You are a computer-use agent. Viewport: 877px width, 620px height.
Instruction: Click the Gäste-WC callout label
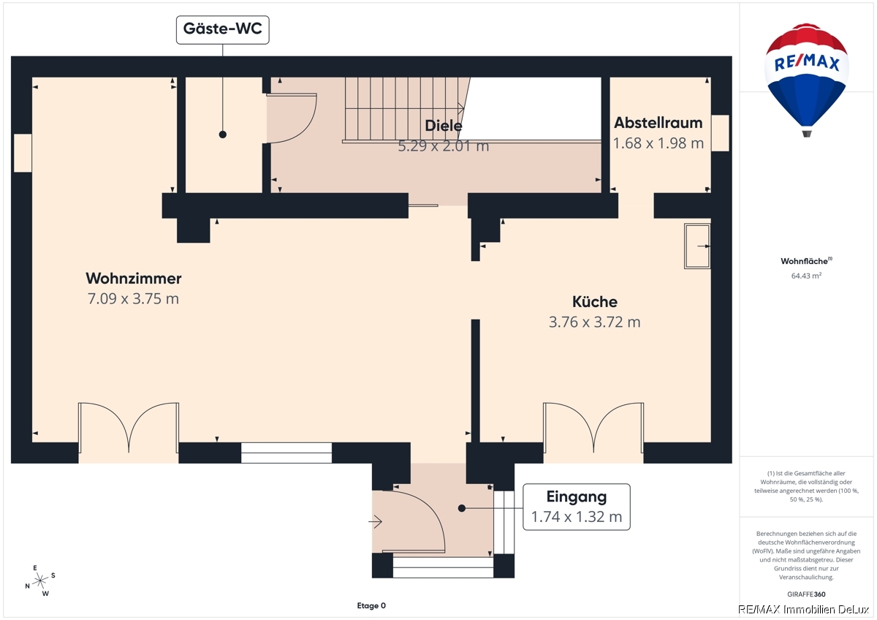(x=222, y=30)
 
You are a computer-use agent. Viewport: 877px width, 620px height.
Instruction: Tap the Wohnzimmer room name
(x=134, y=279)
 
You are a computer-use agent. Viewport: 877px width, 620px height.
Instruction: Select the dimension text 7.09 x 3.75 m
(x=133, y=299)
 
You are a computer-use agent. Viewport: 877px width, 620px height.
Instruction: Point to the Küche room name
(x=595, y=301)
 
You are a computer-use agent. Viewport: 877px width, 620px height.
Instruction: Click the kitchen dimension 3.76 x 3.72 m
(x=594, y=322)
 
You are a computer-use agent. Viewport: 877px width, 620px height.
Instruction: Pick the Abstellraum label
(x=658, y=123)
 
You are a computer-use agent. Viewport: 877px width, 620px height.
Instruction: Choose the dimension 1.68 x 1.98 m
(x=658, y=143)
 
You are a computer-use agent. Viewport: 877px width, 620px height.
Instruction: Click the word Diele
(x=443, y=126)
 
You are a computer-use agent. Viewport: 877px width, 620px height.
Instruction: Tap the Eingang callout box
(x=577, y=507)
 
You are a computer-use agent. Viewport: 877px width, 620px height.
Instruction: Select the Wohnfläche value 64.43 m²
(x=806, y=276)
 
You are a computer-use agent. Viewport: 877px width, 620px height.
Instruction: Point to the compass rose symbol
(x=40, y=581)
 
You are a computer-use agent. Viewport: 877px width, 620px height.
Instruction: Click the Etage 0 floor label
(x=371, y=605)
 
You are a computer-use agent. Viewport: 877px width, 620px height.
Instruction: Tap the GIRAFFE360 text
(x=806, y=594)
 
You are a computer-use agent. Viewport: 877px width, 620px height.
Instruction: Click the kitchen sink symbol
(x=697, y=246)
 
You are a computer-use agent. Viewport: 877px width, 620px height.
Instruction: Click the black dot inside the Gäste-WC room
(x=223, y=135)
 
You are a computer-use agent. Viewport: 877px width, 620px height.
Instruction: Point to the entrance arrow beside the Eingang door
(x=375, y=522)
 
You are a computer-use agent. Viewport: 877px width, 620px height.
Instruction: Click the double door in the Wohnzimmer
(x=129, y=428)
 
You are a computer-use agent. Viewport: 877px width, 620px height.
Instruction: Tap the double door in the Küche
(x=593, y=428)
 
